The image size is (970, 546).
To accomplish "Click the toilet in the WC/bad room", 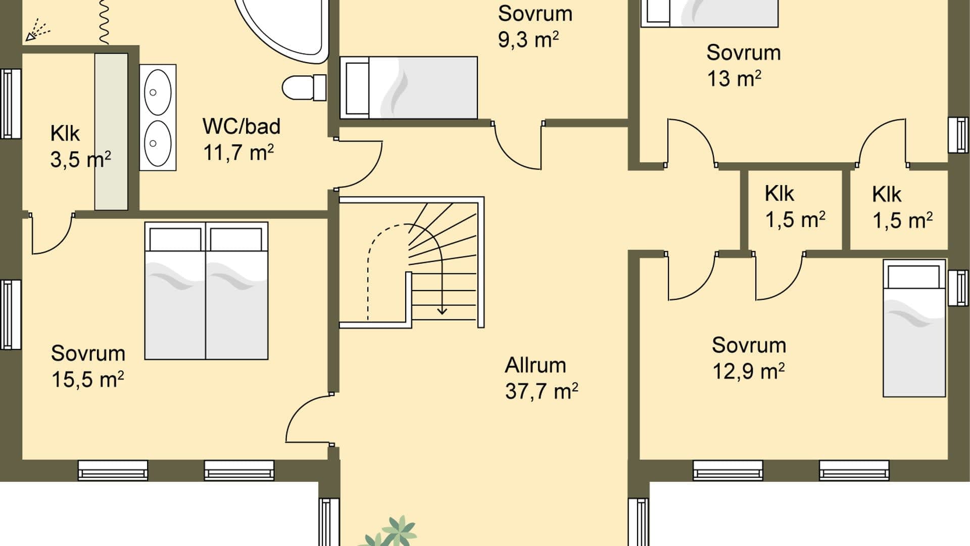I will [x=303, y=88].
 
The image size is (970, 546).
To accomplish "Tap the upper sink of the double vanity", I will [x=158, y=93].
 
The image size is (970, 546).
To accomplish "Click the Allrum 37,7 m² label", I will [x=541, y=378].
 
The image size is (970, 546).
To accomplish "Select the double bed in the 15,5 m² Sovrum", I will [x=206, y=291].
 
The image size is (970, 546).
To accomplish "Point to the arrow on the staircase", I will [x=443, y=309].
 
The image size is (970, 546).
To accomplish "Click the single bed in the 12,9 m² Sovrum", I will [x=914, y=329].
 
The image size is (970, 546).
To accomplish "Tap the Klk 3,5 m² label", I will [x=80, y=147].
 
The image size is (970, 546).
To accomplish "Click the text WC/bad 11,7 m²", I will [x=240, y=139].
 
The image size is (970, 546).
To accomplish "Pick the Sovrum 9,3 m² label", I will [x=535, y=26].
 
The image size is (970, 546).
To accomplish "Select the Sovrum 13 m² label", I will [x=743, y=65].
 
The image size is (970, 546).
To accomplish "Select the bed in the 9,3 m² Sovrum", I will [x=409, y=88].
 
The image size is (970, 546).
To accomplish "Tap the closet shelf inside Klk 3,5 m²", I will [x=111, y=131].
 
